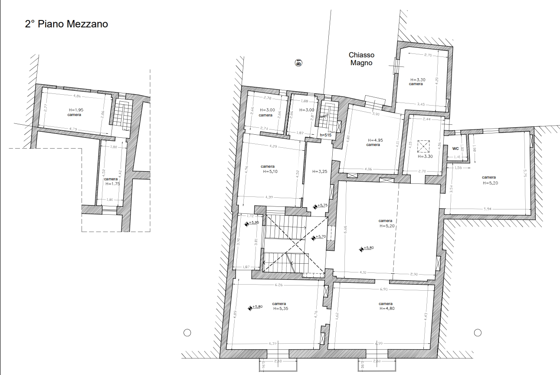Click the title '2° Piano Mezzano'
[x=66, y=24]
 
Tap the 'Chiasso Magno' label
[x=361, y=59]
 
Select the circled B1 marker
[x=298, y=63]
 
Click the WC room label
[x=455, y=148]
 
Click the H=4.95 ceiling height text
[x=376, y=140]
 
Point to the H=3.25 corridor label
[x=320, y=171]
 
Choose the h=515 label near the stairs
[x=325, y=135]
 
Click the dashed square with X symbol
[x=423, y=146]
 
